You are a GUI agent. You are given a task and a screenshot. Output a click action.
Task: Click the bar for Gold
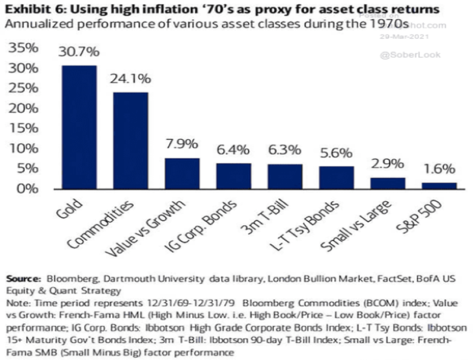79,127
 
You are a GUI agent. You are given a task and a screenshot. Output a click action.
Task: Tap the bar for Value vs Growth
182,173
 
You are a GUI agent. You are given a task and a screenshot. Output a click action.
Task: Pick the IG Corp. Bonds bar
233,176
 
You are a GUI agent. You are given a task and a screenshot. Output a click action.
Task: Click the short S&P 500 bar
439,185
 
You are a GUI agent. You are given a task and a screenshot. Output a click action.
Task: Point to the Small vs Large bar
387,183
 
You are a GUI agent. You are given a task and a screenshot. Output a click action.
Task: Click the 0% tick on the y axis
25,188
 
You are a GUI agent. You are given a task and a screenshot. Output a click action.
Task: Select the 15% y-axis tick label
22,128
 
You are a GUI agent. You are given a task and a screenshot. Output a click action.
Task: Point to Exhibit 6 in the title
31,8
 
